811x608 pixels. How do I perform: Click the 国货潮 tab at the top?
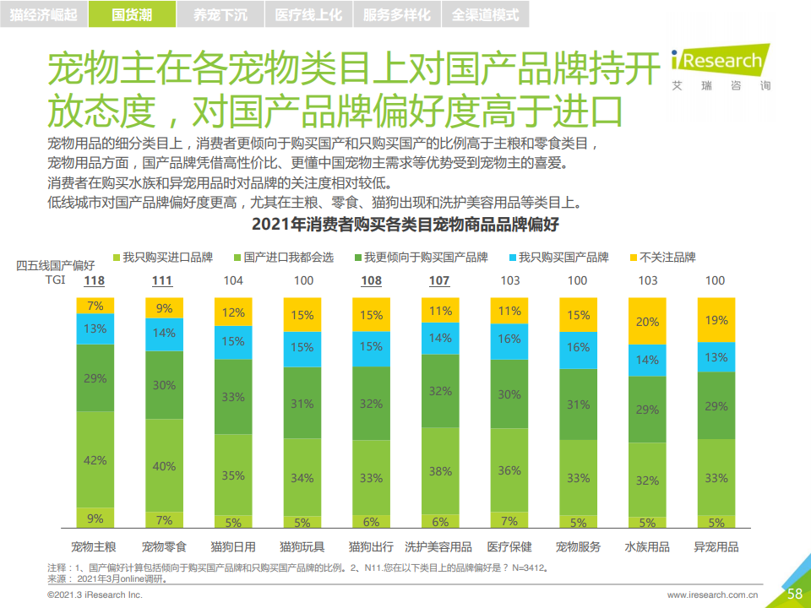click(132, 14)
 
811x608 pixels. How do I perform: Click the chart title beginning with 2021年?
click(405, 225)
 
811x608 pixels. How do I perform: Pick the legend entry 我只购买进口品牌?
click(161, 257)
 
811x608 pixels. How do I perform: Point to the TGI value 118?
click(95, 280)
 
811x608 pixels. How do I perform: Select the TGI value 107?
click(439, 280)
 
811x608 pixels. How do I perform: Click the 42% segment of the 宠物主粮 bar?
click(95, 459)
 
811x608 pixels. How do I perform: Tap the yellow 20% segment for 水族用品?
click(647, 322)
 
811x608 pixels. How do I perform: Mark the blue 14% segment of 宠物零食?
click(165, 334)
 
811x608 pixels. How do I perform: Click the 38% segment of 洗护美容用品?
click(440, 471)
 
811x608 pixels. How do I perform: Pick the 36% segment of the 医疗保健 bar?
click(509, 470)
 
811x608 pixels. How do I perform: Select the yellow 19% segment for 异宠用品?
click(716, 320)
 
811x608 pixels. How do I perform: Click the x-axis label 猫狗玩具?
click(302, 546)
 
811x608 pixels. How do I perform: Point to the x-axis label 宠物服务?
click(578, 546)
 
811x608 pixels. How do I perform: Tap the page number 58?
click(794, 594)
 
